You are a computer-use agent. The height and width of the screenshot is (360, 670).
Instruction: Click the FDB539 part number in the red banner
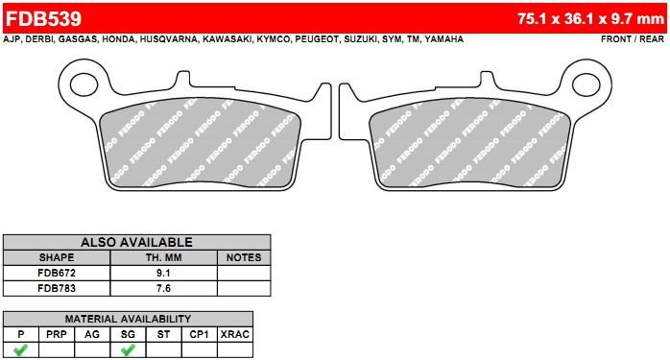point(43,18)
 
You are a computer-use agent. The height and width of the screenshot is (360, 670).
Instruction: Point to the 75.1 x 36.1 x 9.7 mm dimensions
point(590,19)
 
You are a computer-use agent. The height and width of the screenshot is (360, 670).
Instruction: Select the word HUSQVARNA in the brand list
point(169,39)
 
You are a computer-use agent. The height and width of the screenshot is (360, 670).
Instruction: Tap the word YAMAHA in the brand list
point(444,39)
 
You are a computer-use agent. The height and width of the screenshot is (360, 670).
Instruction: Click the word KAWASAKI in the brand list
point(227,39)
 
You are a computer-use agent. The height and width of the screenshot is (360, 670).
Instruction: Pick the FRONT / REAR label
point(633,39)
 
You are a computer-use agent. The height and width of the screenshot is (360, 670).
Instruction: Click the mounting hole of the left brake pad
point(84,84)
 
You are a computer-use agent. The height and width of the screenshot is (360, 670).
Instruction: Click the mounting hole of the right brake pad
point(586,84)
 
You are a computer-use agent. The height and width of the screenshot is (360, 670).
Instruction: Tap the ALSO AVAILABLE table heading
point(136,242)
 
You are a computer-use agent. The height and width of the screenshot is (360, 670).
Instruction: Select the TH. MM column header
point(163,257)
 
